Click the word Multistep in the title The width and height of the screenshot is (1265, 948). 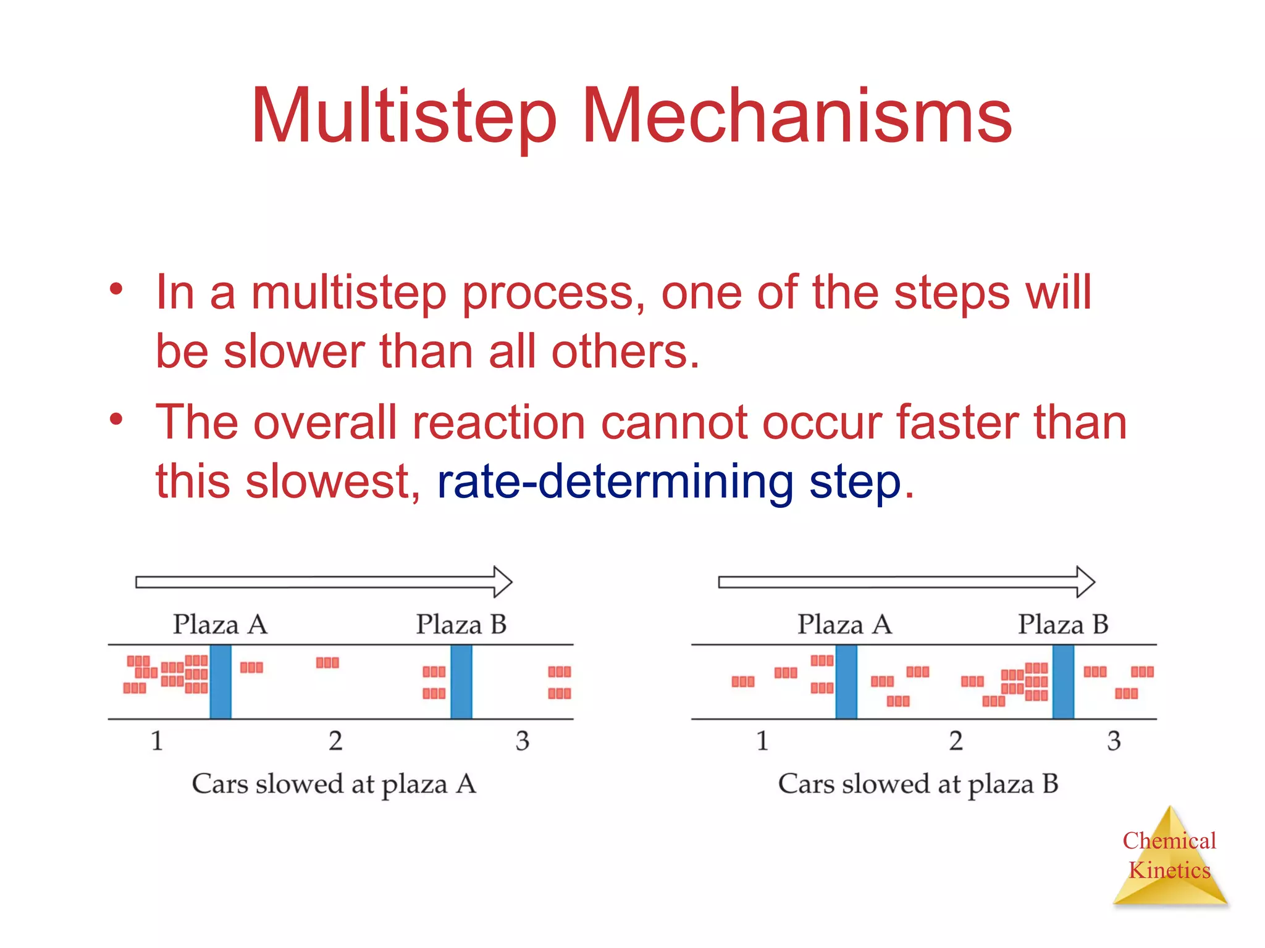pos(405,117)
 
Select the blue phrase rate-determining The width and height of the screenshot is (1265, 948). pos(615,482)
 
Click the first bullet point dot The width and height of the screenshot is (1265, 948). pos(116,289)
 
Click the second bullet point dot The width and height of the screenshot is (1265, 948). pos(116,420)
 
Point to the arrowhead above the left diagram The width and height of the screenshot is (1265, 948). pos(502,582)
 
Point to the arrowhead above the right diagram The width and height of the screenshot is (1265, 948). pos(1084,582)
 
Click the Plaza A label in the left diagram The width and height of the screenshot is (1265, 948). pos(220,625)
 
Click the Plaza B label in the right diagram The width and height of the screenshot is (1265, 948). pos(1063,625)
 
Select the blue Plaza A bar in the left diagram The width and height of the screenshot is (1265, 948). pos(221,682)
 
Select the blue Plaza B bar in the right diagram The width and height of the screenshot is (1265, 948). pos(1063,682)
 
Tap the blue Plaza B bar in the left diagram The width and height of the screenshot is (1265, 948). pos(461,682)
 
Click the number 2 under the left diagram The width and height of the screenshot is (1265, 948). pos(335,741)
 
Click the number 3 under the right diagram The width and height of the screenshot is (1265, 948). pos(1114,741)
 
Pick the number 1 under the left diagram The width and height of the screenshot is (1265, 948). pos(157,741)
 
